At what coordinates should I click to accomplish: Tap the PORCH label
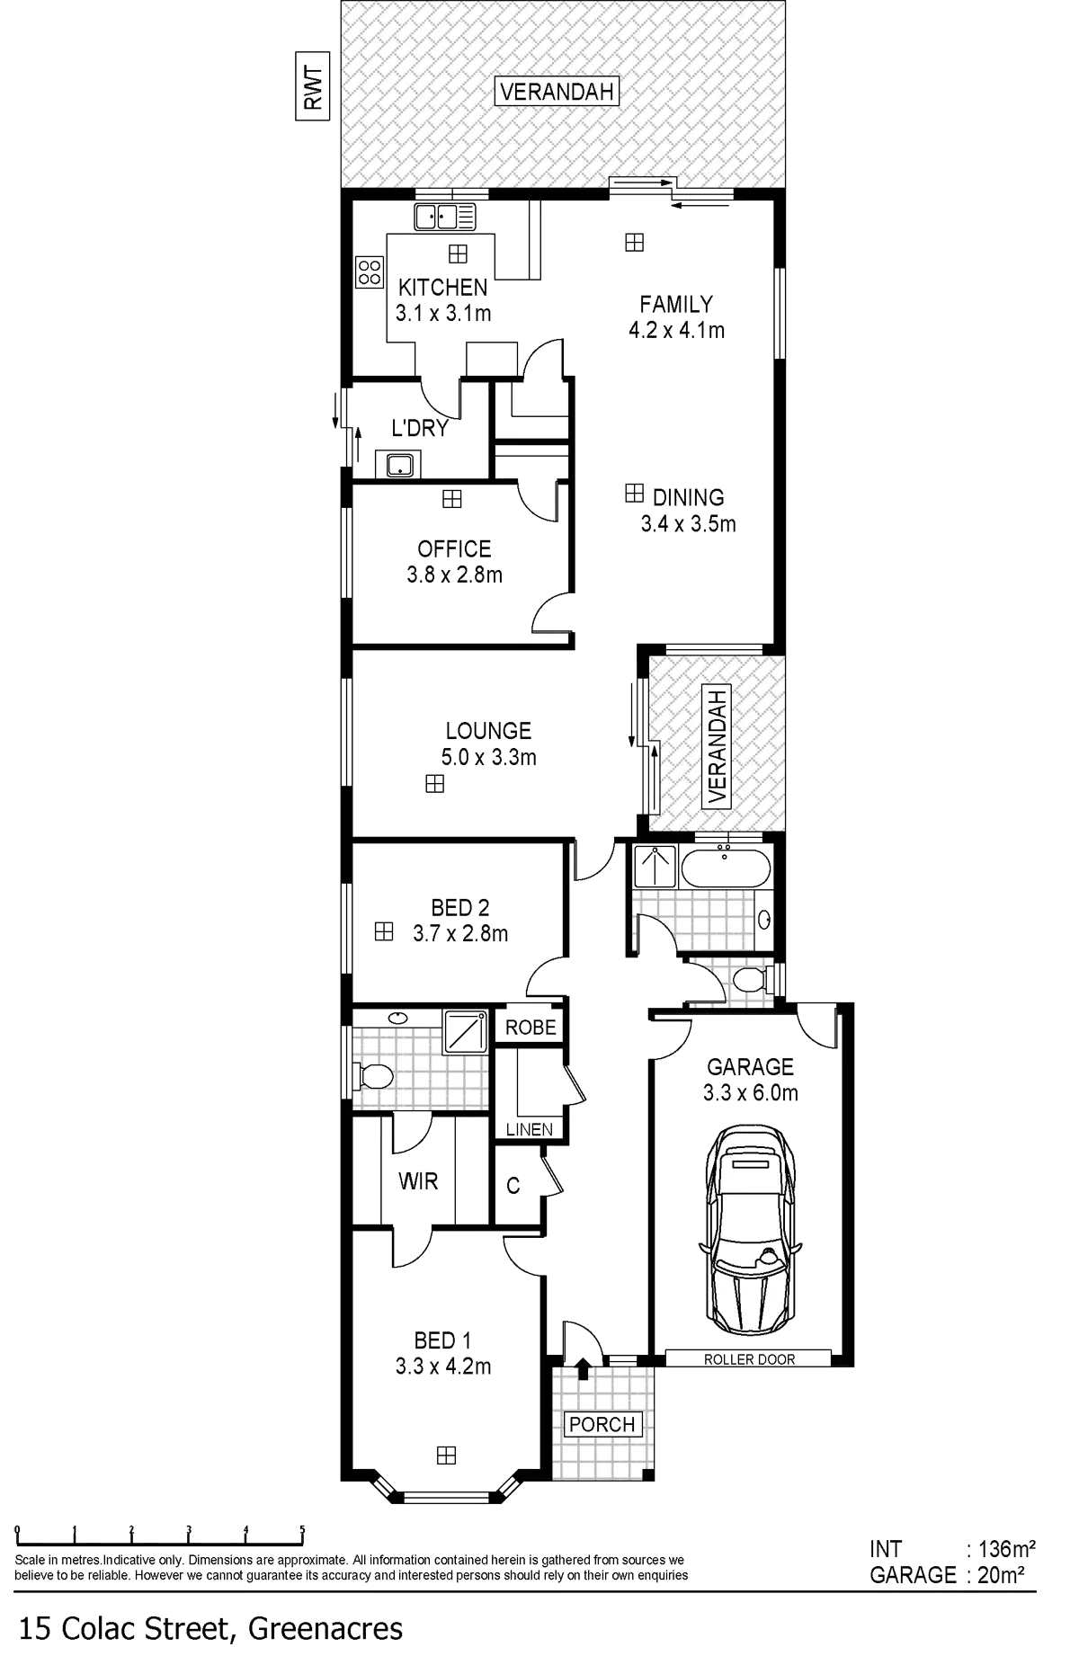coord(602,1424)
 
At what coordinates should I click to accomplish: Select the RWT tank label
coord(312,86)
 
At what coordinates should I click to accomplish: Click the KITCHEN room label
coord(443,288)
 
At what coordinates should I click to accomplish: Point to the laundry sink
coord(397,464)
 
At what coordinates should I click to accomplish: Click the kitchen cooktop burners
coord(369,272)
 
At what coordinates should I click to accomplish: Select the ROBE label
coord(531,1027)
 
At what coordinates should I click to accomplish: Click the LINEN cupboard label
coord(529,1130)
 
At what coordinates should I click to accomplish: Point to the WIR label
coord(418,1181)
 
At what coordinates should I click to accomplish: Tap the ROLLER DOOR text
coord(750,1359)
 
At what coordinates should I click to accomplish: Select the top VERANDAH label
coord(557,91)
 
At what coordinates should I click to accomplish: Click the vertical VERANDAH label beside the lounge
coord(717,746)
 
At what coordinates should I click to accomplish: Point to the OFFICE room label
coord(454,548)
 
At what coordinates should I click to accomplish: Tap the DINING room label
coord(688,497)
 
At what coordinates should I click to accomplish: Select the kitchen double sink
coord(445,217)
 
